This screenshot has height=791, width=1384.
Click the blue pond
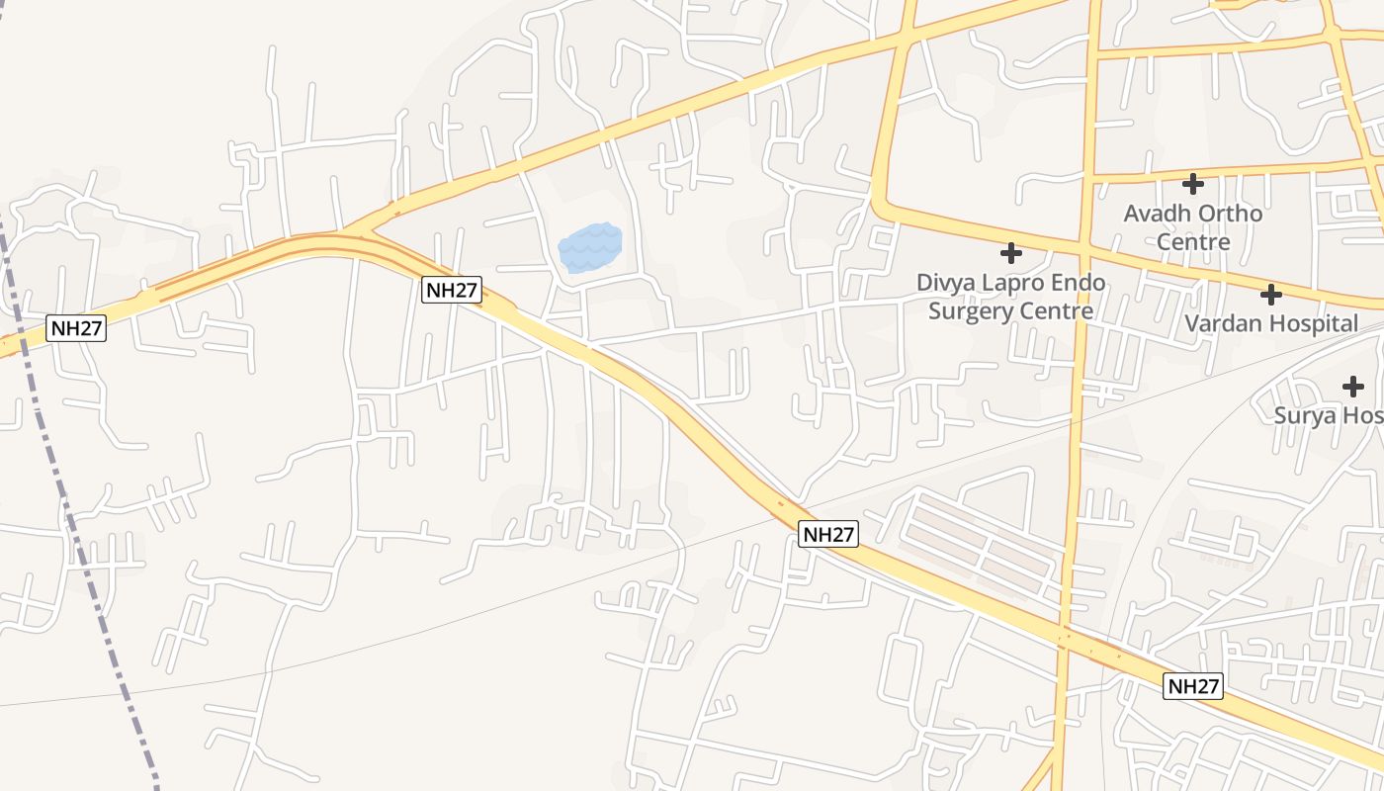[590, 247]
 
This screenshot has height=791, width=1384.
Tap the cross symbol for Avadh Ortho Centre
[1193, 183]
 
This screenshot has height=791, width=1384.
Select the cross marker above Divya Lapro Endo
[1010, 253]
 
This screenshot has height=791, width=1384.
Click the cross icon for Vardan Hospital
[1271, 294]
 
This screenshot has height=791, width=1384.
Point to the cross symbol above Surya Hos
[1353, 387]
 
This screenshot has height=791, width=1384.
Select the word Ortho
[1230, 214]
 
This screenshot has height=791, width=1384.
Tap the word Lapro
[1029, 283]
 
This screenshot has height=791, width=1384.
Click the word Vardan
[1222, 323]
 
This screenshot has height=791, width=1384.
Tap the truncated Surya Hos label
[1328, 415]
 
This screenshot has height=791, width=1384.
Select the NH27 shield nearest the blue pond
[452, 290]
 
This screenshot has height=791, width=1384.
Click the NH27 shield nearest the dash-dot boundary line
[76, 328]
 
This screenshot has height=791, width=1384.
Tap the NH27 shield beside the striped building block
[828, 534]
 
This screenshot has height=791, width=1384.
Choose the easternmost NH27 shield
[1193, 686]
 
